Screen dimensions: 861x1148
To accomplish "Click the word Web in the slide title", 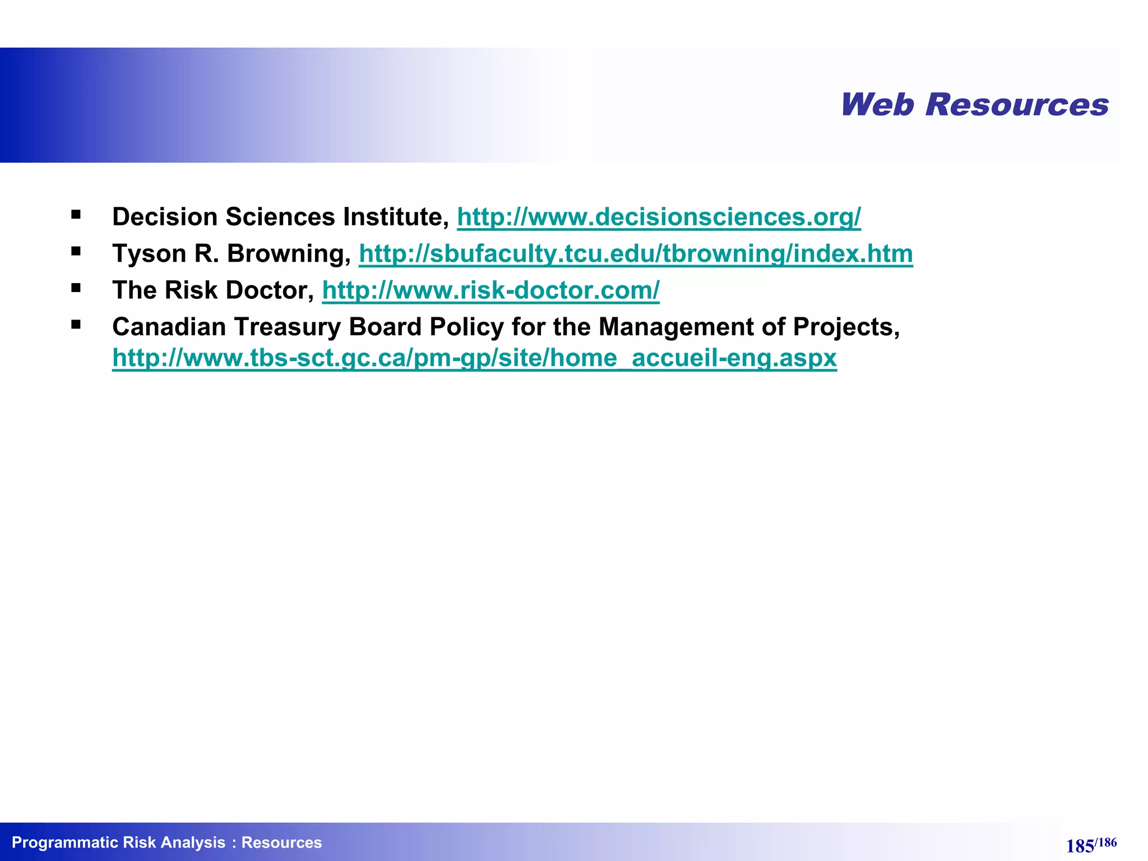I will coord(877,105).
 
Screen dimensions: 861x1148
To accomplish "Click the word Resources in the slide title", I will coord(1017,105).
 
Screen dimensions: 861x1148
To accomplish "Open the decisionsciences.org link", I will coord(659,217).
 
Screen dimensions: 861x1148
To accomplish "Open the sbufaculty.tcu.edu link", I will coord(636,253).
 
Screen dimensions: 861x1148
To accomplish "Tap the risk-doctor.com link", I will coord(490,290).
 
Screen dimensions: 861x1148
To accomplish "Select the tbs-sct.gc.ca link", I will coord(474,358).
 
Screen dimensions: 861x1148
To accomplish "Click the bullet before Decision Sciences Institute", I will coord(76,214).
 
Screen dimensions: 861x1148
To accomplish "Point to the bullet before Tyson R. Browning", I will coord(76,251).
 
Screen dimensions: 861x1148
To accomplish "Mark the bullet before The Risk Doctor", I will coord(76,288).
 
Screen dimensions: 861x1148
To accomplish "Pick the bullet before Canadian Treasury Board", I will coord(76,325).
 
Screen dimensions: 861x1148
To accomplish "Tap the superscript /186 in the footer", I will coord(1106,843).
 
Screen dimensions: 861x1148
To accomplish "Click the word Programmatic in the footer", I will coord(64,843).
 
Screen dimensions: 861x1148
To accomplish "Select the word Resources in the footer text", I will coord(281,843).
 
